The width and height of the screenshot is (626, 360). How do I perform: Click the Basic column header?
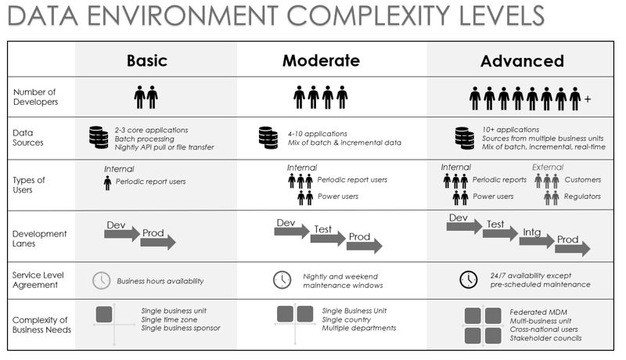coord(147,61)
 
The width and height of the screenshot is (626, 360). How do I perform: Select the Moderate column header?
coord(321,61)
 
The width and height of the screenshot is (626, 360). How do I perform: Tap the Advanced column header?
coord(522,61)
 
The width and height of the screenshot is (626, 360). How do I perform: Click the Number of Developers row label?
coord(35,96)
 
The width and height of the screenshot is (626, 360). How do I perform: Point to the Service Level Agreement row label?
coord(38,279)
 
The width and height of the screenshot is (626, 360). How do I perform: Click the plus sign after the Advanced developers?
coord(588,99)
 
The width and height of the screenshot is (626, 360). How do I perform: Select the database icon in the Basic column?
coord(99,137)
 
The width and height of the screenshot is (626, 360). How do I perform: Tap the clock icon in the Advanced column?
coord(468,279)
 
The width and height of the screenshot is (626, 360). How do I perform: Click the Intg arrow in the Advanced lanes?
coord(537,241)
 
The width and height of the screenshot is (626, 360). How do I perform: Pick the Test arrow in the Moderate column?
coord(328,239)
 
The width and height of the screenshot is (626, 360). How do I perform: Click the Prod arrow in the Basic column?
coord(158,242)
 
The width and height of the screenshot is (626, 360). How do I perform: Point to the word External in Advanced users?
coord(547,167)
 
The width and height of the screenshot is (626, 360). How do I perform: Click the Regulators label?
coord(582,196)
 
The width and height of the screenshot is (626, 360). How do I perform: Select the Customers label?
coord(582,179)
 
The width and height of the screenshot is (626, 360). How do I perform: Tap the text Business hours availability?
coord(160,281)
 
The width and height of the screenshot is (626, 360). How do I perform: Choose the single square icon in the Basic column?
coord(104,315)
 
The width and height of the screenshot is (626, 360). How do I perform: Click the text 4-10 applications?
coord(318,134)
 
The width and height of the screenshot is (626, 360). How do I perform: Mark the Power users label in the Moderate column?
coord(338,196)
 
